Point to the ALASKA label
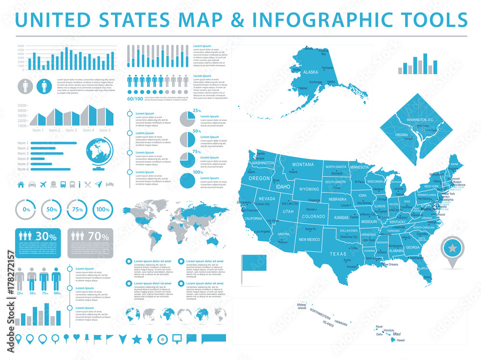pos(311,72)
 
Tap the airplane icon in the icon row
pos(42,184)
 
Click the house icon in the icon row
pos(21,184)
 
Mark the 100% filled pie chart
pos(188,180)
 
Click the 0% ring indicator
pos(26,210)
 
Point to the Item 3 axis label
pos(71,130)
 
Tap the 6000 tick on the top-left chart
pos(21,46)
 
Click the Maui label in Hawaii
pos(397,334)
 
